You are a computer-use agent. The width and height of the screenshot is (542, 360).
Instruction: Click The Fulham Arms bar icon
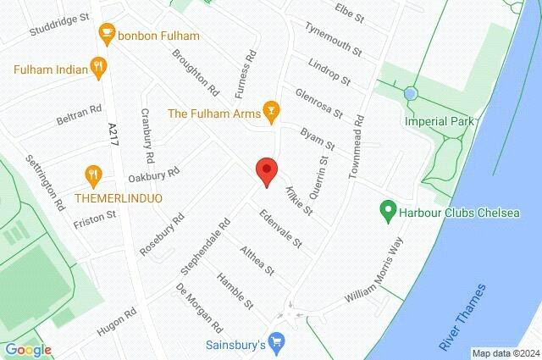[270, 109]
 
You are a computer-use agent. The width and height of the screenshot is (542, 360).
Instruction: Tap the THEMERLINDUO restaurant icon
[93, 176]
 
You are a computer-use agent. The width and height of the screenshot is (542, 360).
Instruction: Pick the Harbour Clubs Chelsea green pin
[388, 208]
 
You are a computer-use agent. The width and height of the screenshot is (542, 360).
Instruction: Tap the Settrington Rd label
[45, 181]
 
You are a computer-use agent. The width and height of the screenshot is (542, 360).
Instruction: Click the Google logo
[28, 350]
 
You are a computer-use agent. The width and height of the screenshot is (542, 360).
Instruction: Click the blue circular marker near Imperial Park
[411, 92]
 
